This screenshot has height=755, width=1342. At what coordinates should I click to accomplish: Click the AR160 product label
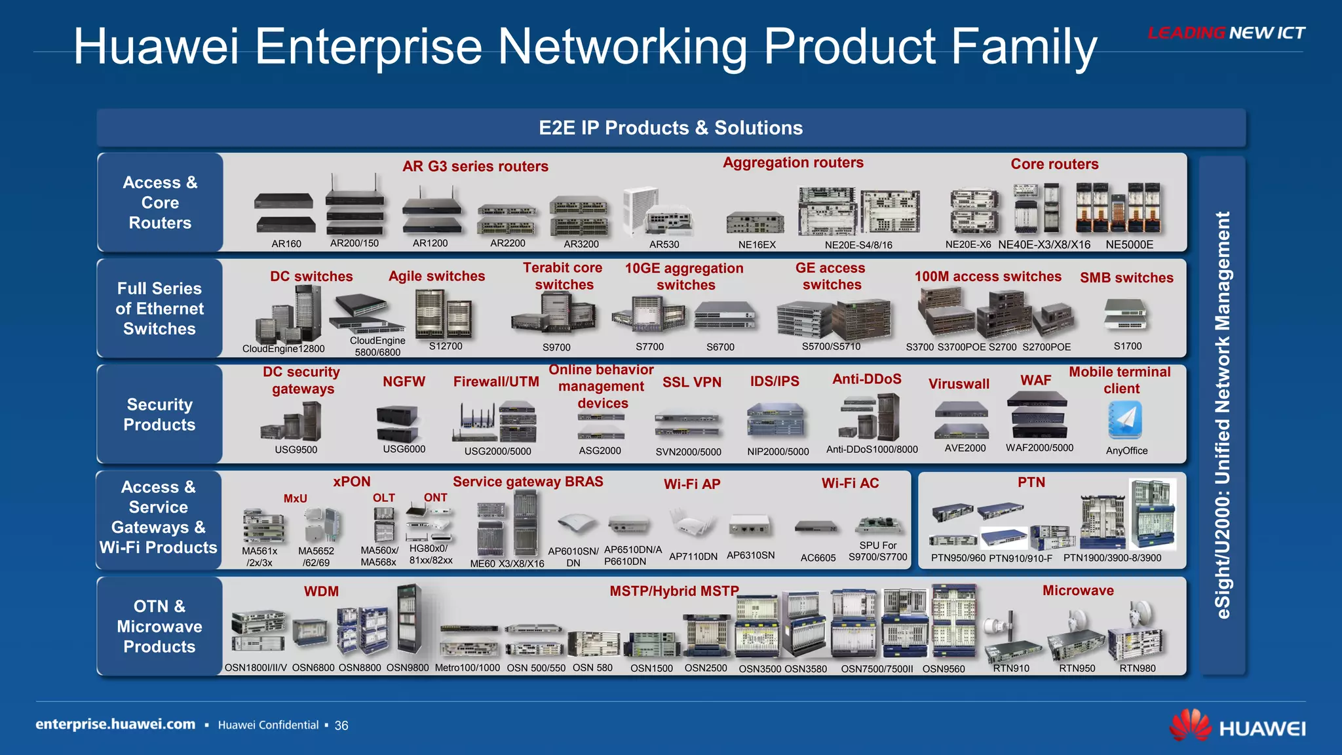click(x=286, y=244)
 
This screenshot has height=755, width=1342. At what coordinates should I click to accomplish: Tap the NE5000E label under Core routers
click(x=1129, y=244)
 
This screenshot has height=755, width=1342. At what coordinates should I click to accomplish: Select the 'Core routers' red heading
click(x=1054, y=164)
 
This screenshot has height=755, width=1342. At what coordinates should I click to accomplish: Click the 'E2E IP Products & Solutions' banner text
click(x=670, y=128)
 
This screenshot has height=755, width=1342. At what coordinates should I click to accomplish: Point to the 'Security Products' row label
click(x=159, y=414)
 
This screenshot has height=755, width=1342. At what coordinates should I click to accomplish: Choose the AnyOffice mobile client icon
click(x=1125, y=419)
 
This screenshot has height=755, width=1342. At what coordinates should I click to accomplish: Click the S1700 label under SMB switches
click(x=1127, y=346)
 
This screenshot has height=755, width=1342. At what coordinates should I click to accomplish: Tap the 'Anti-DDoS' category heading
click(x=866, y=379)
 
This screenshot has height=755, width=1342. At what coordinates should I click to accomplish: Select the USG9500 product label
click(x=296, y=450)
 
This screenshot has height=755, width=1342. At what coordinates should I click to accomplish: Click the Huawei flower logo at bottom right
click(x=1191, y=726)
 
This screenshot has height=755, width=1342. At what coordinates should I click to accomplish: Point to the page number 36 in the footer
click(x=341, y=726)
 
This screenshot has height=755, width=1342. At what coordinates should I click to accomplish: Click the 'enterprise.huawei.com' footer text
click(x=115, y=724)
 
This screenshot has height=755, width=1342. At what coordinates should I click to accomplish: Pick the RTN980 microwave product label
click(x=1137, y=668)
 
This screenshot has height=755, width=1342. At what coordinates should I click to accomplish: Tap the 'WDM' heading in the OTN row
click(x=321, y=591)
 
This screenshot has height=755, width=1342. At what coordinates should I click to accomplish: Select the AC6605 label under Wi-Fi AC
click(x=818, y=558)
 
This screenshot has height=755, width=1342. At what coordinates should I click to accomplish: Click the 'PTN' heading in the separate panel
click(x=1031, y=482)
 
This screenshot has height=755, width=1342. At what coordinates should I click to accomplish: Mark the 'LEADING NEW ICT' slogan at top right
click(x=1226, y=33)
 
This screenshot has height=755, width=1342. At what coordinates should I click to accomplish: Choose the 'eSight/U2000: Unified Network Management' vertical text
click(x=1223, y=415)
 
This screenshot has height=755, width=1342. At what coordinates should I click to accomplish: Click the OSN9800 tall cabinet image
click(x=409, y=619)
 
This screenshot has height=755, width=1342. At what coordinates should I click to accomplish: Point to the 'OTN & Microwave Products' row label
click(x=159, y=627)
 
